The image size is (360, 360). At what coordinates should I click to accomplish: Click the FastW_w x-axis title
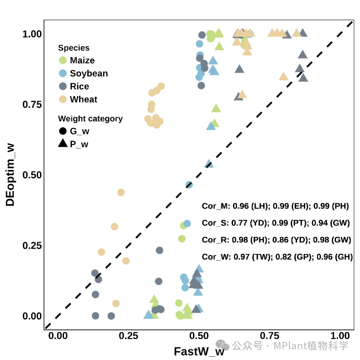(x=199, y=352)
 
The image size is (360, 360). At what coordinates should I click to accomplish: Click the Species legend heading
(x=74, y=48)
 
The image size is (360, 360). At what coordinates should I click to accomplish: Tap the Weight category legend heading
(x=90, y=119)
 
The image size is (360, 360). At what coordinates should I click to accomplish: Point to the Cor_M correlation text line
(x=275, y=206)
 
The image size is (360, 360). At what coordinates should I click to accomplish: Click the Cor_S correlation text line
(x=276, y=223)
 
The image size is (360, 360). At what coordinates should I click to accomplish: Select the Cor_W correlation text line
(x=277, y=257)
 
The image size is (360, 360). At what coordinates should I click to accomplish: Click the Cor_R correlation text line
(x=276, y=240)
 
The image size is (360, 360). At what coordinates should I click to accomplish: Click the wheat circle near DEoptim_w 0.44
(x=121, y=192)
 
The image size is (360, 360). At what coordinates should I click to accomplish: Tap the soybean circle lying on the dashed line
(x=189, y=185)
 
